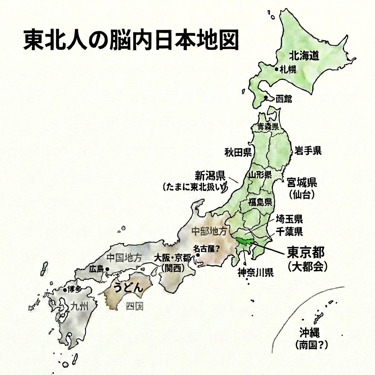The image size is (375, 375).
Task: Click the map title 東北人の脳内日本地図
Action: pos(131,40)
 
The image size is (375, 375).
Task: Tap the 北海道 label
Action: pos(304,56)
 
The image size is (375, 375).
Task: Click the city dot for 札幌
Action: pos(276,68)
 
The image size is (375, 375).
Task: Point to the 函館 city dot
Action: pos(266,97)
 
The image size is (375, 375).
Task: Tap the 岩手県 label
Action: pos(308,150)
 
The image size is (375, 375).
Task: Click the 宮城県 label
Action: pos(302,182)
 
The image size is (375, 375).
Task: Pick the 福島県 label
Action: pos(260,201)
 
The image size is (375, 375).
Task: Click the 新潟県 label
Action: pos(210,175)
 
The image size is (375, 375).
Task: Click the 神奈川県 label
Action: pos(255,273)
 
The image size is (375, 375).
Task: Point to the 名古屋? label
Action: pos(206,249)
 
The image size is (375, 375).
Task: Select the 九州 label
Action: pos(79,305)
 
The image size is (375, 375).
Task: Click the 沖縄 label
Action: pos(309,333)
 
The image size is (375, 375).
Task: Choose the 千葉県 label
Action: pos(289,231)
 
